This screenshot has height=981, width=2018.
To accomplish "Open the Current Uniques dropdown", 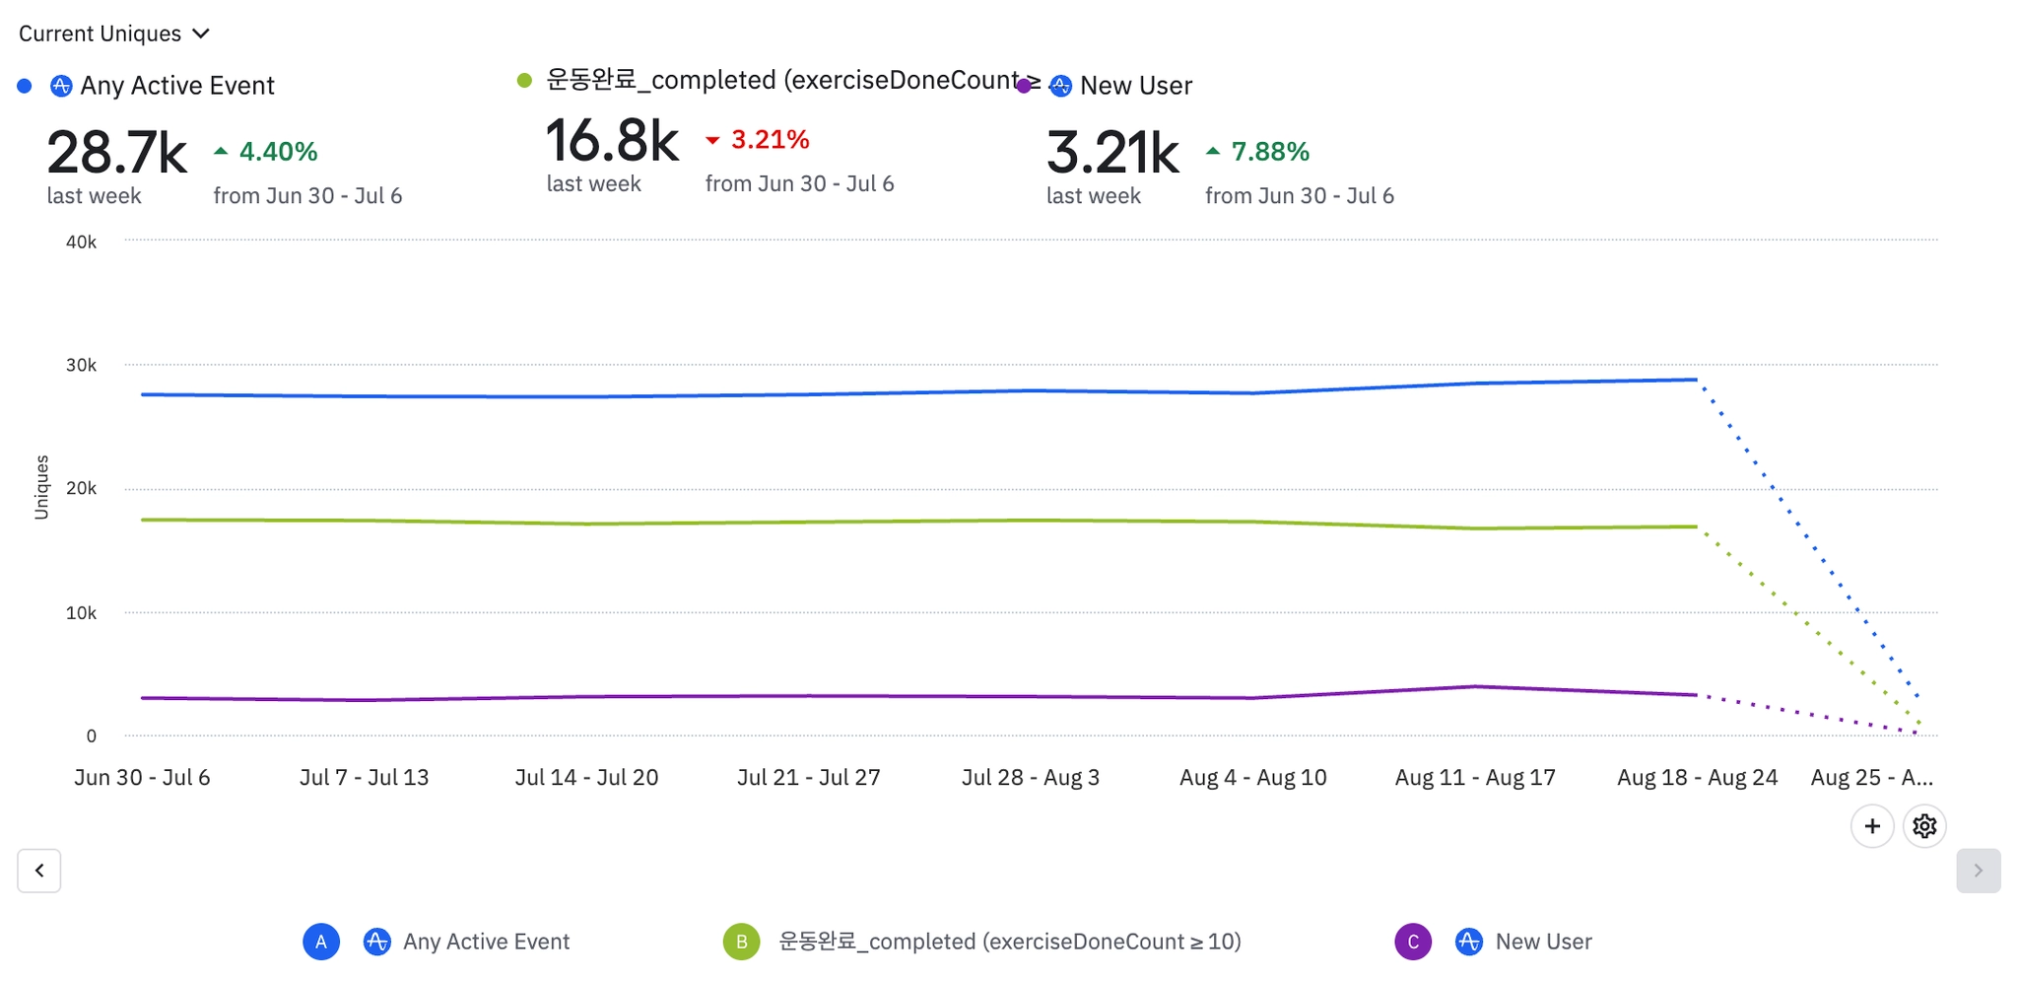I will point(114,34).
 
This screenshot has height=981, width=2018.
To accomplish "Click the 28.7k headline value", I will point(116,153).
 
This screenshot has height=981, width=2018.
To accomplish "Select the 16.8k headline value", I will point(612,141).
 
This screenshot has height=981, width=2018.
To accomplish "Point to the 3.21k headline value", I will point(1112,153).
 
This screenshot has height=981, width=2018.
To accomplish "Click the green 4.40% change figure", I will point(277,152).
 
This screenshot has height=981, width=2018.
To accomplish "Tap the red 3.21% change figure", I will point(769,140).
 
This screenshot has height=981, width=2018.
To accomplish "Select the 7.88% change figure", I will point(1269,152).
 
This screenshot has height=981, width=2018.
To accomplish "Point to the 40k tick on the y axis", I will point(81,242).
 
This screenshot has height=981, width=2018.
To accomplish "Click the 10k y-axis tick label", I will point(81,613).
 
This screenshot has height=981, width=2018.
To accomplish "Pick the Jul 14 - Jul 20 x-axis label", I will point(586,778).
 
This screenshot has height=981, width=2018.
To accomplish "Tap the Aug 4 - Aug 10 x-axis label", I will point(1252,778).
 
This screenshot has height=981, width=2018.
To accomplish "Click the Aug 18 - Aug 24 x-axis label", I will point(1697,778).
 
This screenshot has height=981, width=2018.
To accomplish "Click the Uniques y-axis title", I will point(41,487).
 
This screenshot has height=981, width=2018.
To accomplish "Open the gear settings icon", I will point(1924,826).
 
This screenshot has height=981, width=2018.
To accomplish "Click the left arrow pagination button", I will point(39,871).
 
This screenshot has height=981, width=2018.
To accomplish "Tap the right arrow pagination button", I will point(1978,871).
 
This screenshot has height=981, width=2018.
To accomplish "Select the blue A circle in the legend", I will point(321,942).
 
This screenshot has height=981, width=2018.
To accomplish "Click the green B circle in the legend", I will point(741,942).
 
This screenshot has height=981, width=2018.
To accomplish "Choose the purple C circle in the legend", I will point(1413,942).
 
